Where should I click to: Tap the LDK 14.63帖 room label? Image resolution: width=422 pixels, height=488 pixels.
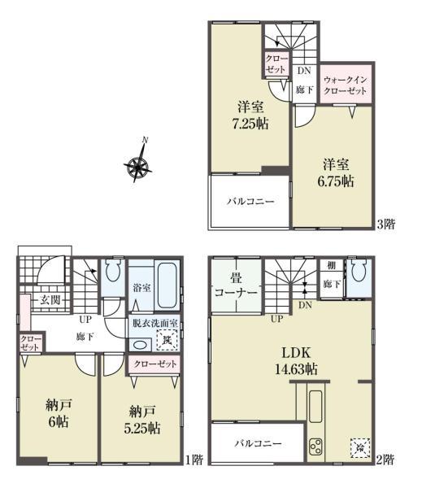[296, 361]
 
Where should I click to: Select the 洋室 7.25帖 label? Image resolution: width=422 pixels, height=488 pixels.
[250, 115]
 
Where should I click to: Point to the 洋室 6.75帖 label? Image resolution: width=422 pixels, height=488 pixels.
[336, 172]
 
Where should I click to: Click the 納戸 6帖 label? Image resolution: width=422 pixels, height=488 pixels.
[59, 413]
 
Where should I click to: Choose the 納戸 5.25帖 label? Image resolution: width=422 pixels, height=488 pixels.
[142, 420]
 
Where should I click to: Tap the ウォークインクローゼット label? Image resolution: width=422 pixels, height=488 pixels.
[345, 85]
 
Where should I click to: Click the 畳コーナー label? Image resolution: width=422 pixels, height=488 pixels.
[237, 285]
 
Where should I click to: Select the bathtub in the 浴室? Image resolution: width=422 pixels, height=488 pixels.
[167, 285]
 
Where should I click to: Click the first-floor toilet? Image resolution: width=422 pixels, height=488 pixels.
[113, 271]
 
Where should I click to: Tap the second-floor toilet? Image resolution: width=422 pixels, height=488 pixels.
[359, 270]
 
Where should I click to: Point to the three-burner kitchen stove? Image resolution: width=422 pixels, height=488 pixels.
[315, 447]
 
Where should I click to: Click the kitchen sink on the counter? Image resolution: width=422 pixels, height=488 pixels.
[315, 407]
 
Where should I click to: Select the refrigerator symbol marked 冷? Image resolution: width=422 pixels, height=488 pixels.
[360, 448]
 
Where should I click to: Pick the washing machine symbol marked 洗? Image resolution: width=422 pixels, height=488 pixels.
[167, 340]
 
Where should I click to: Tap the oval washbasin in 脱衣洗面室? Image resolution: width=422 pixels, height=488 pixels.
[139, 345]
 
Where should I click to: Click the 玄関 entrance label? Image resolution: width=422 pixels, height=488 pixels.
[50, 300]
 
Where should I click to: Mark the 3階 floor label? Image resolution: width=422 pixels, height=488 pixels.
[386, 224]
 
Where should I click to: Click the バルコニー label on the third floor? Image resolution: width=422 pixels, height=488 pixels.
[250, 202]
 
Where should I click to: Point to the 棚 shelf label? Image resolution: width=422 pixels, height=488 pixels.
[332, 265]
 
